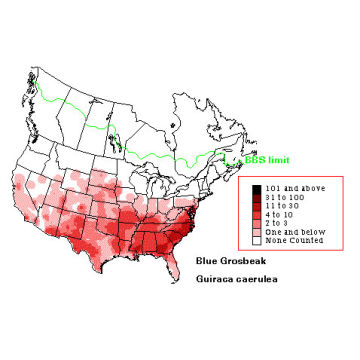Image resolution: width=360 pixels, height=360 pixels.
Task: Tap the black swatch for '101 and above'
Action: pos(258,189)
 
